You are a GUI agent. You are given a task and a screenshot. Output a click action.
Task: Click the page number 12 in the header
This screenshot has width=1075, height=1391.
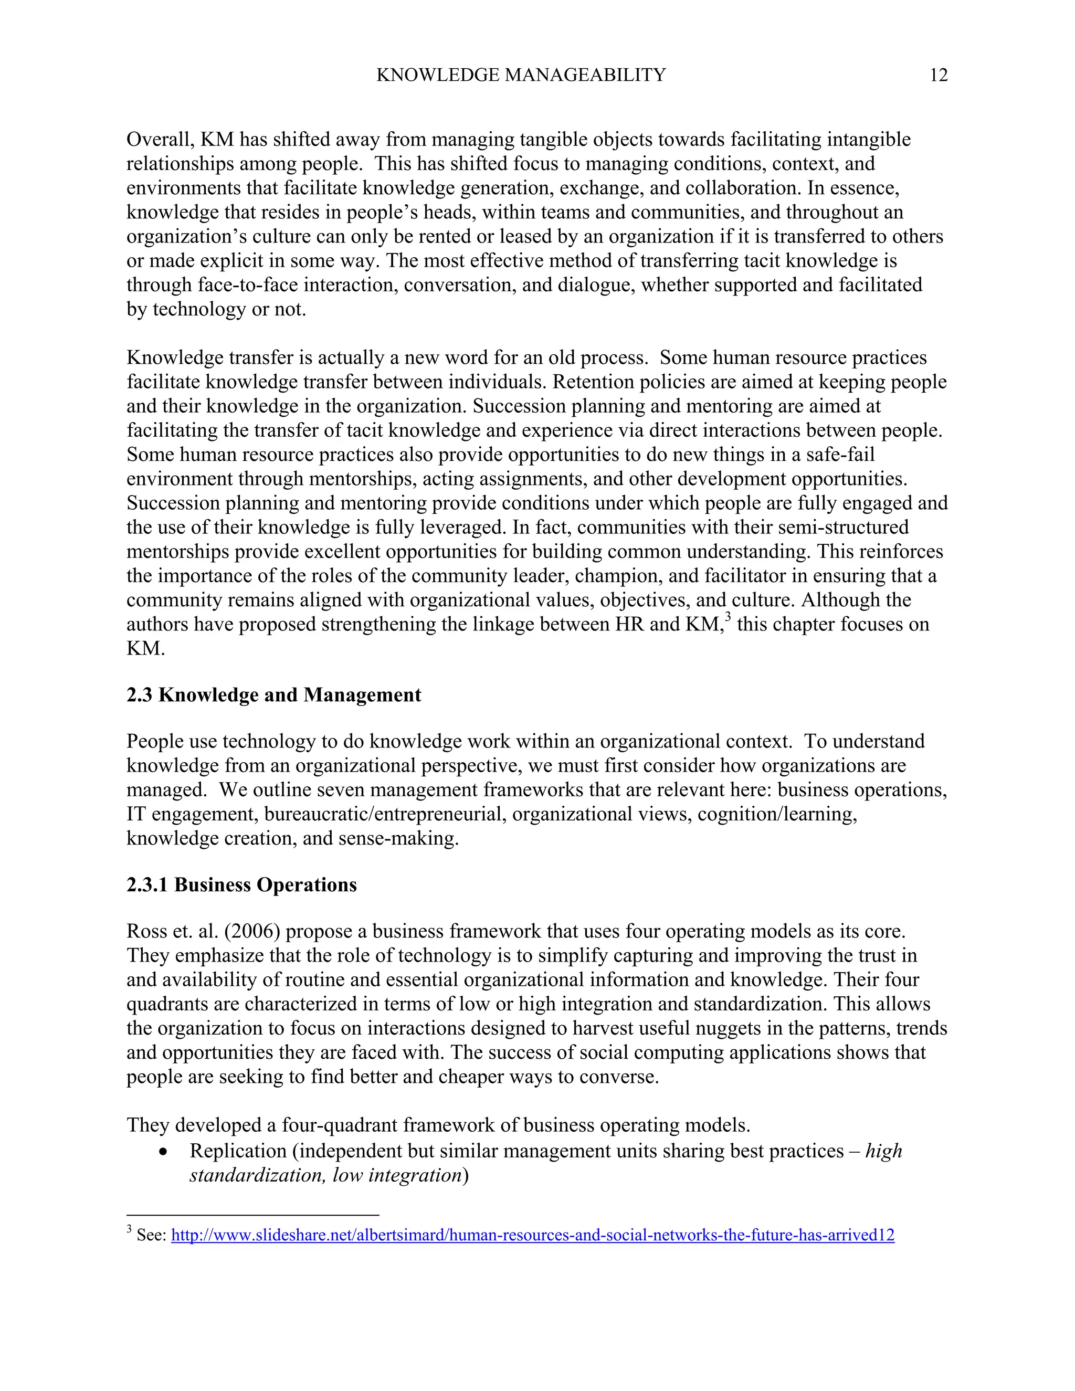point(938,75)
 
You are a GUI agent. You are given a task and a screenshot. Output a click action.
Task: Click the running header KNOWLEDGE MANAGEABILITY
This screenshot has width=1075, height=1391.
point(520,75)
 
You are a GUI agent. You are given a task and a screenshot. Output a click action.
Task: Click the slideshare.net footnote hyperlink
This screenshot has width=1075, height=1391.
point(532,1236)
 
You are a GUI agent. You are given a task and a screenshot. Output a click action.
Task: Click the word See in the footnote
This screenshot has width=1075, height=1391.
point(151,1236)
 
